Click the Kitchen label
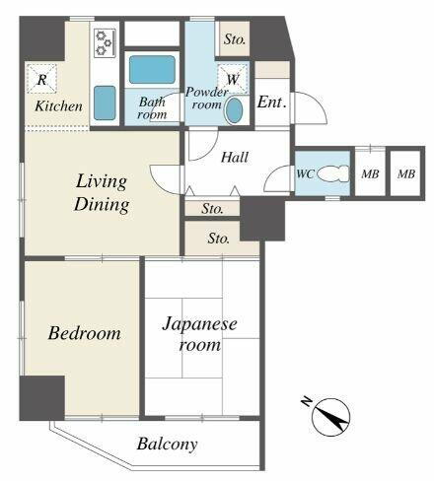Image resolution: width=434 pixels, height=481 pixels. point(58,106)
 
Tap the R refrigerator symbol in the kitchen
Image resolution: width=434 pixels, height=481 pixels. point(42,79)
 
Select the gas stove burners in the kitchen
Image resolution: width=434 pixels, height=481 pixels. point(105,45)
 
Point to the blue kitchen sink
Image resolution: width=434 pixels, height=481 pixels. point(105,103)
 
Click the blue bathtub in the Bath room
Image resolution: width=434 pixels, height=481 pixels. point(151,70)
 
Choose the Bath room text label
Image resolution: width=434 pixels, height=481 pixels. point(152,107)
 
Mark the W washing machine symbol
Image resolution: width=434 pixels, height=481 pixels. point(234,78)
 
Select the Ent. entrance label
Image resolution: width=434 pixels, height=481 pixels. point(272,102)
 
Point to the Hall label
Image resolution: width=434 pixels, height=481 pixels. point(234,157)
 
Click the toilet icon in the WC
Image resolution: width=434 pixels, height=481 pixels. point(335,173)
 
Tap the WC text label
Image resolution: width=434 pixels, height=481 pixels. point(306,174)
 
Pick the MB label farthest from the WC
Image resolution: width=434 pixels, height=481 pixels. point(405,174)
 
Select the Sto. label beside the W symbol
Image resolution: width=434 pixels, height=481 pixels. point(234,39)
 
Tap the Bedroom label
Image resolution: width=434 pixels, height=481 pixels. point(84,333)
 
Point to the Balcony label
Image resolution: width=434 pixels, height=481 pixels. point(167,445)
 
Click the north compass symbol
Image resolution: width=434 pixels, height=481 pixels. point(330,418)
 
